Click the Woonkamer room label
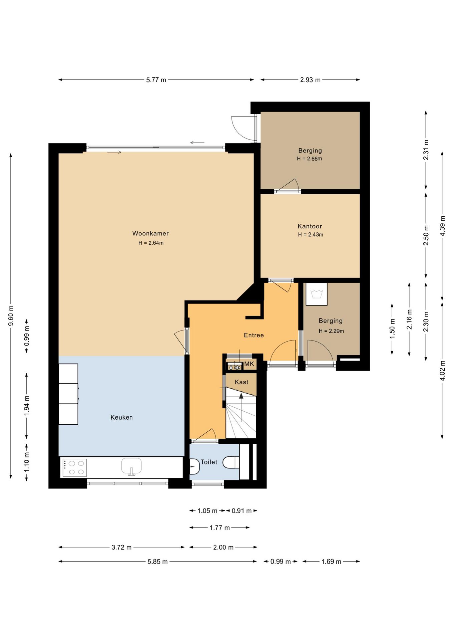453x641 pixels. click(x=150, y=233)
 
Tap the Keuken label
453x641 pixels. click(x=121, y=417)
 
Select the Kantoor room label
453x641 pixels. click(x=310, y=226)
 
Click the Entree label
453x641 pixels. click(x=254, y=335)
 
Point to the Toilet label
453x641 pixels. click(x=209, y=462)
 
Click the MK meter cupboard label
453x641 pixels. click(x=249, y=364)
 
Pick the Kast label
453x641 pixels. click(x=242, y=382)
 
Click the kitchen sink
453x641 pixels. click(x=131, y=466)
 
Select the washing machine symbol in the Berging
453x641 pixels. click(x=317, y=294)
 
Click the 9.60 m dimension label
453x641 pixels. click(x=11, y=315)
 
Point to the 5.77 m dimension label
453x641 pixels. click(x=156, y=80)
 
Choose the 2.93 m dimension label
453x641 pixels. click(x=310, y=80)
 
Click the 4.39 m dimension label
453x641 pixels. click(x=442, y=226)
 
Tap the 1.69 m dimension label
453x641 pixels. click(x=331, y=562)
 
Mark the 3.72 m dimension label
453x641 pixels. click(x=121, y=547)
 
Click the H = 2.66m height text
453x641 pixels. click(x=310, y=159)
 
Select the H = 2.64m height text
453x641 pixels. click(x=151, y=243)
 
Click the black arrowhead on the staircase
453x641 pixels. click(x=241, y=396)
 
